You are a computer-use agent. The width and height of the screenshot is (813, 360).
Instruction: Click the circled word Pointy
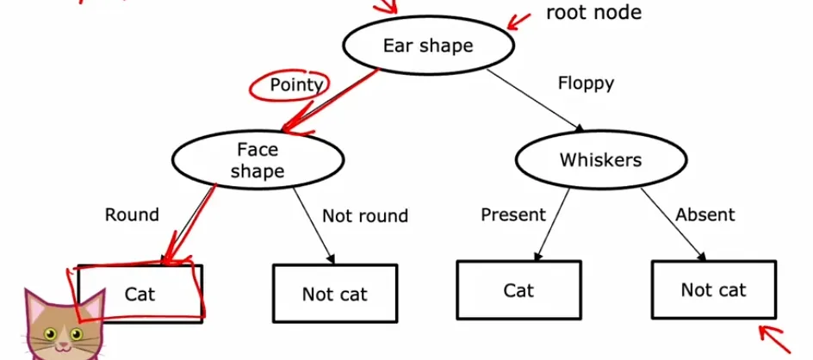click(297, 84)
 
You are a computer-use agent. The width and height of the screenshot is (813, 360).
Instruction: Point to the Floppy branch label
click(586, 83)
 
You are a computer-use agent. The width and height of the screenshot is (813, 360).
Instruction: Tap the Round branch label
click(132, 214)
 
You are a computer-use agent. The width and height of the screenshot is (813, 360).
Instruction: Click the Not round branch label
click(365, 215)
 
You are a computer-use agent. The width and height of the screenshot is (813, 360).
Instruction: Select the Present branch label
click(513, 214)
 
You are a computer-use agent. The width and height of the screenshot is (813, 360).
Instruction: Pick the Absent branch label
click(705, 214)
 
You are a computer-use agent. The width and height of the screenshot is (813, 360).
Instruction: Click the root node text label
click(593, 12)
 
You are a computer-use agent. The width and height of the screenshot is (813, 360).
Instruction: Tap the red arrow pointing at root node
click(519, 22)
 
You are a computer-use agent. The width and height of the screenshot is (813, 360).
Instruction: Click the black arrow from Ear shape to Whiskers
click(535, 100)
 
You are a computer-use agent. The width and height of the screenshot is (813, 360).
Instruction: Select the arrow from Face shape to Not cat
click(313, 226)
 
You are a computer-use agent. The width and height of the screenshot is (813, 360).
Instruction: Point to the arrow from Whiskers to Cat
click(553, 224)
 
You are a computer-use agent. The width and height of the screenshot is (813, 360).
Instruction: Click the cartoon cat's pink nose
click(63, 344)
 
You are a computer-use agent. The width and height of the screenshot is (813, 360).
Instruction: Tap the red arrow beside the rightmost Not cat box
click(775, 338)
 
